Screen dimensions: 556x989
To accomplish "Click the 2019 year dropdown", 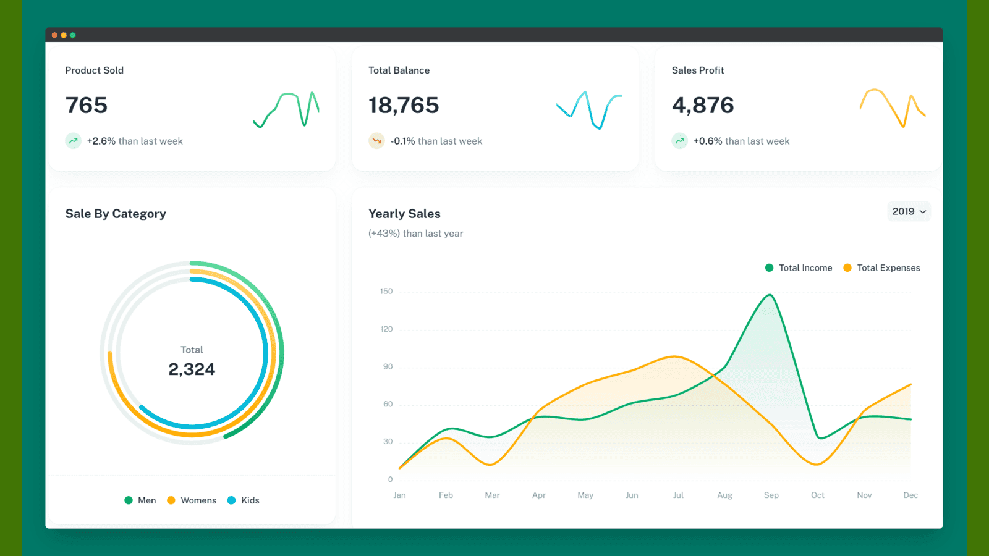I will point(909,211).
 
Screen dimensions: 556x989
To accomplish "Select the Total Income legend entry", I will point(799,268).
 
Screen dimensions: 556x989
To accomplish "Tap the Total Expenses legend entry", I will point(881,268).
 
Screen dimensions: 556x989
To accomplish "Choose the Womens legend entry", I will point(192,500).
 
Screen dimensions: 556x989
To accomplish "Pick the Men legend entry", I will point(140,500).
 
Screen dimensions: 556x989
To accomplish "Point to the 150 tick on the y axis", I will point(386,291).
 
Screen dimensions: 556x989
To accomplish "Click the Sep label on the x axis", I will point(771,495).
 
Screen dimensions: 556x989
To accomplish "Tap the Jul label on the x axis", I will point(678,495).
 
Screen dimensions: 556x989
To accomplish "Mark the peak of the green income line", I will point(770,295).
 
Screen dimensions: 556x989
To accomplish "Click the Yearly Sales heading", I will point(404,214).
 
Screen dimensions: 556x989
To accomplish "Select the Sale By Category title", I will point(116,214).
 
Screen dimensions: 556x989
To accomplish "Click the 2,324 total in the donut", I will point(192,369).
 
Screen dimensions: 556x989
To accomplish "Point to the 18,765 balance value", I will point(404,106).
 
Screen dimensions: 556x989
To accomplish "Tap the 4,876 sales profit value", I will point(703,106).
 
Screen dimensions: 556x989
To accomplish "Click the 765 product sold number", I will point(87,106).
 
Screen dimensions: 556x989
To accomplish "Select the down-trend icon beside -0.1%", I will point(376,141).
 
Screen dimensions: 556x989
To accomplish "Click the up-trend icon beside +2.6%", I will point(73,141).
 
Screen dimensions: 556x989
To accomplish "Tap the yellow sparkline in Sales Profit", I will point(892,107).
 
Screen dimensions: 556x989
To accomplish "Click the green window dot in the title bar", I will point(73,35).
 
